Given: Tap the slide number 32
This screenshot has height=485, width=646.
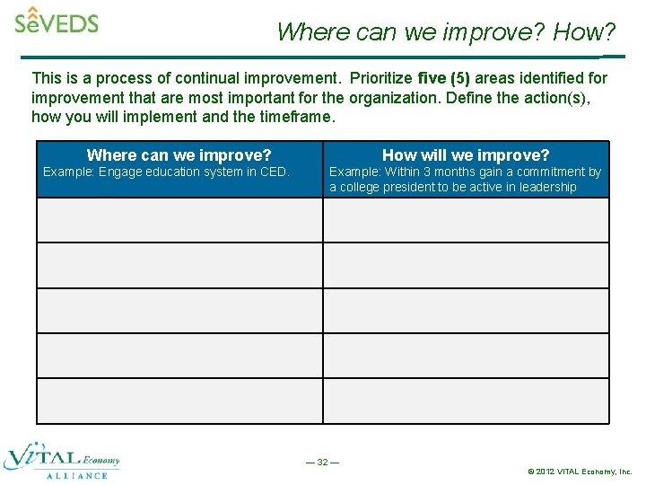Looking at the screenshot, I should (x=322, y=462).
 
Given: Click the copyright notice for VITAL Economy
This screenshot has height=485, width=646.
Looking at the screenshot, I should (x=580, y=471).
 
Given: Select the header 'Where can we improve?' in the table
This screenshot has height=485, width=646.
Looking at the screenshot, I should (x=179, y=155).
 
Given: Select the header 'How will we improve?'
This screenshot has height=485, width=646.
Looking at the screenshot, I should (x=466, y=155).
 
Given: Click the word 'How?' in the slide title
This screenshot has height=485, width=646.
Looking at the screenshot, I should (x=584, y=32).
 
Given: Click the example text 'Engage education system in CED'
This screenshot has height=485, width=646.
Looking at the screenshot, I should (x=193, y=172).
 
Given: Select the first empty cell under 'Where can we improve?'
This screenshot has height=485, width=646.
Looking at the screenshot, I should (x=179, y=220).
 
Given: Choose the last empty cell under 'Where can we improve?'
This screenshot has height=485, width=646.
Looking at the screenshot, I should (x=179, y=401).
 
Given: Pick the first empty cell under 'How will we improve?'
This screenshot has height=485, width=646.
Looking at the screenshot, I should (x=466, y=220).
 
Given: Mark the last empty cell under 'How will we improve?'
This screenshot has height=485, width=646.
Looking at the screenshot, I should (x=466, y=401).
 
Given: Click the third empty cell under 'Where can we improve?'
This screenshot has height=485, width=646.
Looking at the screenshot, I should (x=179, y=311).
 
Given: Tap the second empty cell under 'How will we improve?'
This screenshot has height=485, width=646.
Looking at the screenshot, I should (x=466, y=266).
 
